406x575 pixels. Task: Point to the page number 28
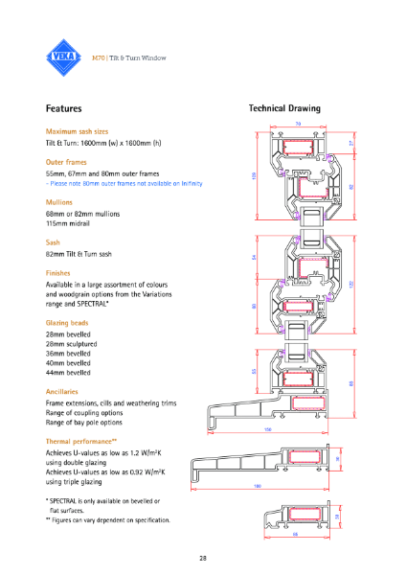click(203, 558)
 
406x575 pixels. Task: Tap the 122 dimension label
click(351, 284)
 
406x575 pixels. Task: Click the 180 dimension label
click(257, 487)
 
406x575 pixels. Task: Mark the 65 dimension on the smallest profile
click(295, 534)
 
